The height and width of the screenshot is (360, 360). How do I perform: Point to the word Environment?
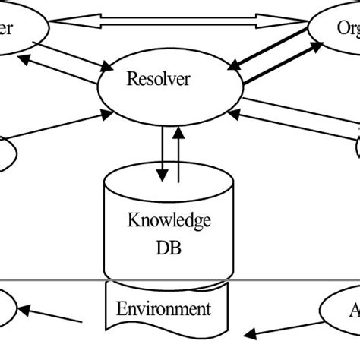pyautogui.click(x=163, y=309)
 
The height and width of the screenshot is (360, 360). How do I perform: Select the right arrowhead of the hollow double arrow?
pyautogui.click(x=300, y=21)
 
